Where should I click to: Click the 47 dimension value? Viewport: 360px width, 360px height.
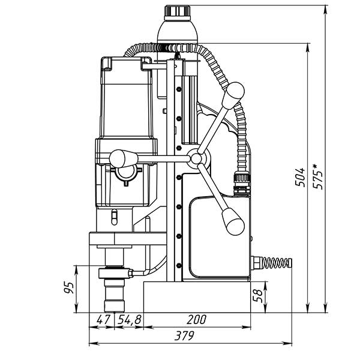coord(103,320)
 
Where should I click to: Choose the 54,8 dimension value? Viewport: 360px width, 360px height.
coord(129,320)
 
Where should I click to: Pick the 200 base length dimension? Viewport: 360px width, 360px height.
coord(197,320)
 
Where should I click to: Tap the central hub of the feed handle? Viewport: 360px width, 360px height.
coord(196,158)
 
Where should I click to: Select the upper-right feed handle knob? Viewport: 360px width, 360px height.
coord(234,93)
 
